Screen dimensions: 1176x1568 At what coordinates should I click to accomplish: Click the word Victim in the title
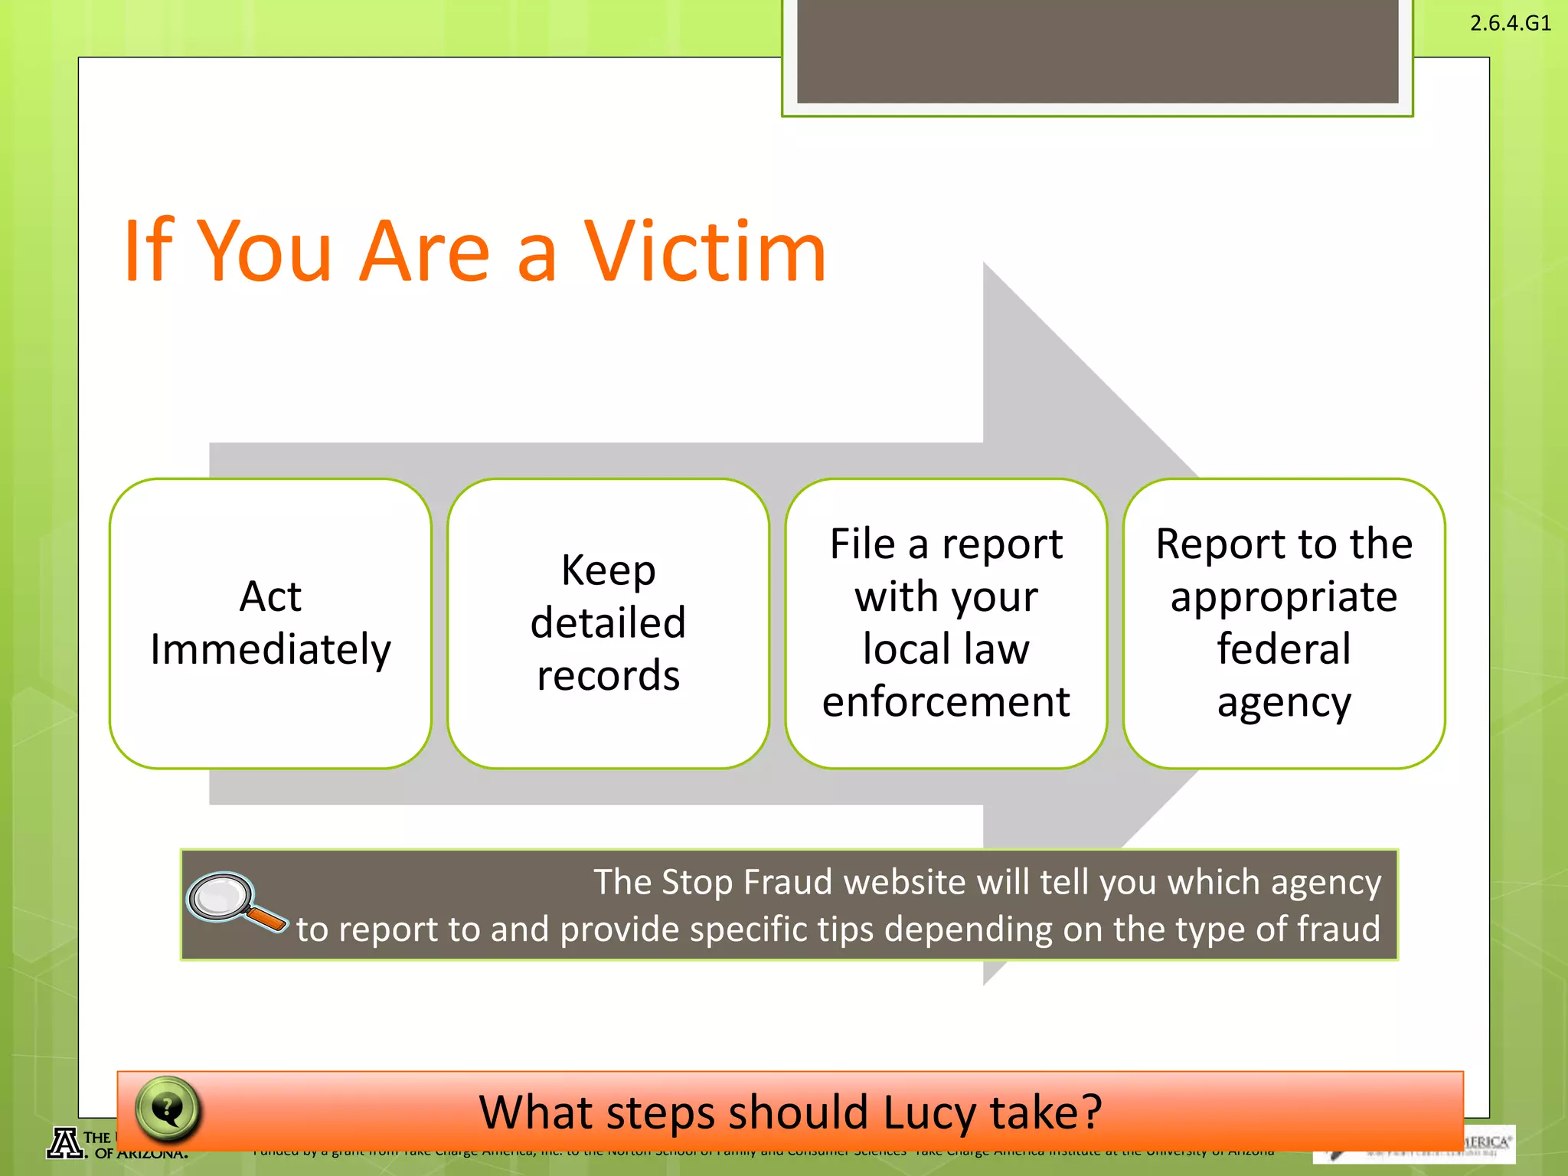705,251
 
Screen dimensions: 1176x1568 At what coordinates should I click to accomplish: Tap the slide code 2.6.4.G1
1510,23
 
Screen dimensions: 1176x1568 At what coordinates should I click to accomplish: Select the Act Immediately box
270,623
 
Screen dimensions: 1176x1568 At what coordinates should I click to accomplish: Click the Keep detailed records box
608,623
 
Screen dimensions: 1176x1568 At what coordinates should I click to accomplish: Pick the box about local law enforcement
946,623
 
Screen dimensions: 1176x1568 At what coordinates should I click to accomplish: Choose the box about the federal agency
1284,623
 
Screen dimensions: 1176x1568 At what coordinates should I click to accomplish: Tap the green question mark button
168,1108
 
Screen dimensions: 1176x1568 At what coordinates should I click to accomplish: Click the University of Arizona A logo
66,1143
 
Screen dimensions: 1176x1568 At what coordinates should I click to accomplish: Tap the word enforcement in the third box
946,701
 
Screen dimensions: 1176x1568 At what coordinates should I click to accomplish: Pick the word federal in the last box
1284,649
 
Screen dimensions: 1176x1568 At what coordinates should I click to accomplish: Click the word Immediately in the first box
270,650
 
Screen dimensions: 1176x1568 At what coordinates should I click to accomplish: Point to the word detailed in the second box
608,622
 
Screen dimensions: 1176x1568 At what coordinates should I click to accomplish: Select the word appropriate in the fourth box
1284,597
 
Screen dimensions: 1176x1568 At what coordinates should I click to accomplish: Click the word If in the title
149,251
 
